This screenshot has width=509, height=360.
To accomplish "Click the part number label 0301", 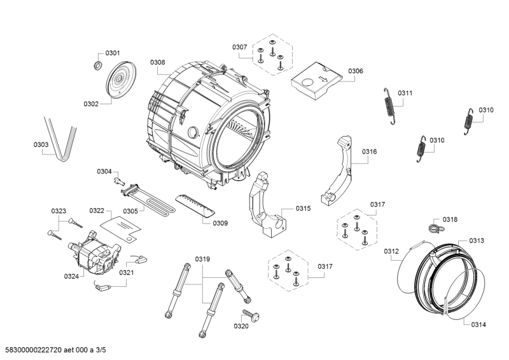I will click(112, 53).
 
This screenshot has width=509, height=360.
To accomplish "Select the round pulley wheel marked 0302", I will click(119, 81).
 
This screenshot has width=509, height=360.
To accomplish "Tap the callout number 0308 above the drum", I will click(158, 62).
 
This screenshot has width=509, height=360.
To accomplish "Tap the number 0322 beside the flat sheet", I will click(96, 211).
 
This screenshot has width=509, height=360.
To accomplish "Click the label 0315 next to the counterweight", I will click(303, 209).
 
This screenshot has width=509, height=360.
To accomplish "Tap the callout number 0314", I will click(479, 324).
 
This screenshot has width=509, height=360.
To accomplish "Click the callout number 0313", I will click(477, 240).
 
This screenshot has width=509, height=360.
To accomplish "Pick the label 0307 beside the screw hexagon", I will click(239, 47).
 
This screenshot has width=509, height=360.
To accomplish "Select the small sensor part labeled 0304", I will click(118, 181).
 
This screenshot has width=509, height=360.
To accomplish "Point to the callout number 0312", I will click(391, 252).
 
